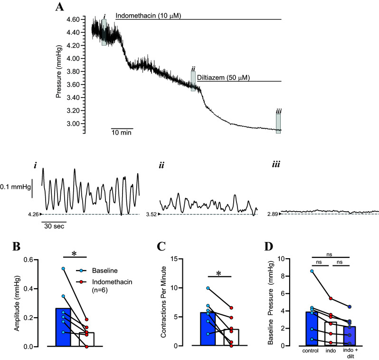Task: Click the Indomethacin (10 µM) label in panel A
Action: tap(149, 16)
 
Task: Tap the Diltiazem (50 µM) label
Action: tap(223, 78)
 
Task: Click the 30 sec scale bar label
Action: tap(53, 226)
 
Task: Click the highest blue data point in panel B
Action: tap(63, 269)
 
